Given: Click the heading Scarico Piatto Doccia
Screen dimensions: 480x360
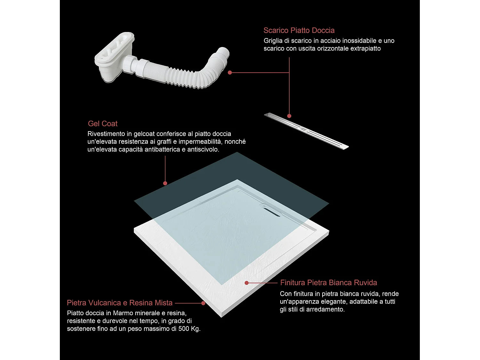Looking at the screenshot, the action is [299, 30].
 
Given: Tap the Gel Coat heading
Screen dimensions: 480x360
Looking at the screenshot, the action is [103, 124].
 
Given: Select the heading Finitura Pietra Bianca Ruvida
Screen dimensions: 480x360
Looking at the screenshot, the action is [329, 283].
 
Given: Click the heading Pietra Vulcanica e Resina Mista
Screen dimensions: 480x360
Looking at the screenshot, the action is [120, 303].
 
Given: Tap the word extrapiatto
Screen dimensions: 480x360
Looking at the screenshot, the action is [365, 49].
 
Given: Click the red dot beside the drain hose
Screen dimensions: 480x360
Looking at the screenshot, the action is [230, 73].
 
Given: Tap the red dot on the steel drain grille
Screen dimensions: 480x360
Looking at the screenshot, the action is [289, 116].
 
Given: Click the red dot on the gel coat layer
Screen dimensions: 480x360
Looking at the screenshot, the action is [165, 183].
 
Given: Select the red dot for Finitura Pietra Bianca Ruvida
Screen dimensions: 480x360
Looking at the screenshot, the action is [247, 283].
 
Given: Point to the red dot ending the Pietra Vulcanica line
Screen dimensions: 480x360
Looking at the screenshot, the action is [203, 303].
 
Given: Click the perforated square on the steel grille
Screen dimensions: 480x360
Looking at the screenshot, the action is [303, 129].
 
